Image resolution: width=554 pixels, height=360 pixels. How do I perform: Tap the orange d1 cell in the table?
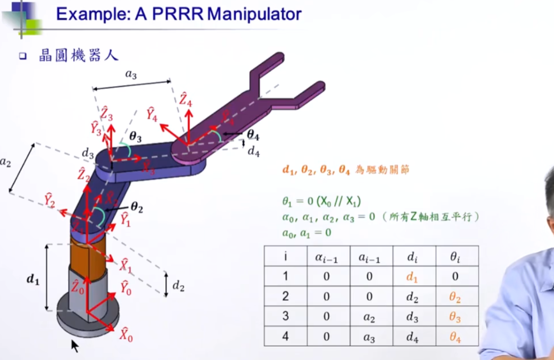pos(412,277)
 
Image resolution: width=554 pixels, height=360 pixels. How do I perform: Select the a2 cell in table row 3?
pos(369,317)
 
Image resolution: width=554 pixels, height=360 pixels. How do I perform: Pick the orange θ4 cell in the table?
pos(455,337)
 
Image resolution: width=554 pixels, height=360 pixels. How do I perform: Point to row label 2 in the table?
pos(285,297)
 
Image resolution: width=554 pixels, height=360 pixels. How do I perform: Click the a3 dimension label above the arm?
pos(131,74)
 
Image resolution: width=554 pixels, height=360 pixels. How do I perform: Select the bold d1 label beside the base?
pos(33,279)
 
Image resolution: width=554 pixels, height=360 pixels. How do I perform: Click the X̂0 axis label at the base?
pos(126,335)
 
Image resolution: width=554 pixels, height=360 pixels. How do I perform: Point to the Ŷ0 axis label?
pos(126,288)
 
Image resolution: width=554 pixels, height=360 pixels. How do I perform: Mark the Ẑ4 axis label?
pos(185,100)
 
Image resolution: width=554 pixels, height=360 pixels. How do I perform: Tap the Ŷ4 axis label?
pos(152,115)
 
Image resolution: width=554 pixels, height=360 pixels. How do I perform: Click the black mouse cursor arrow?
pos(74,345)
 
